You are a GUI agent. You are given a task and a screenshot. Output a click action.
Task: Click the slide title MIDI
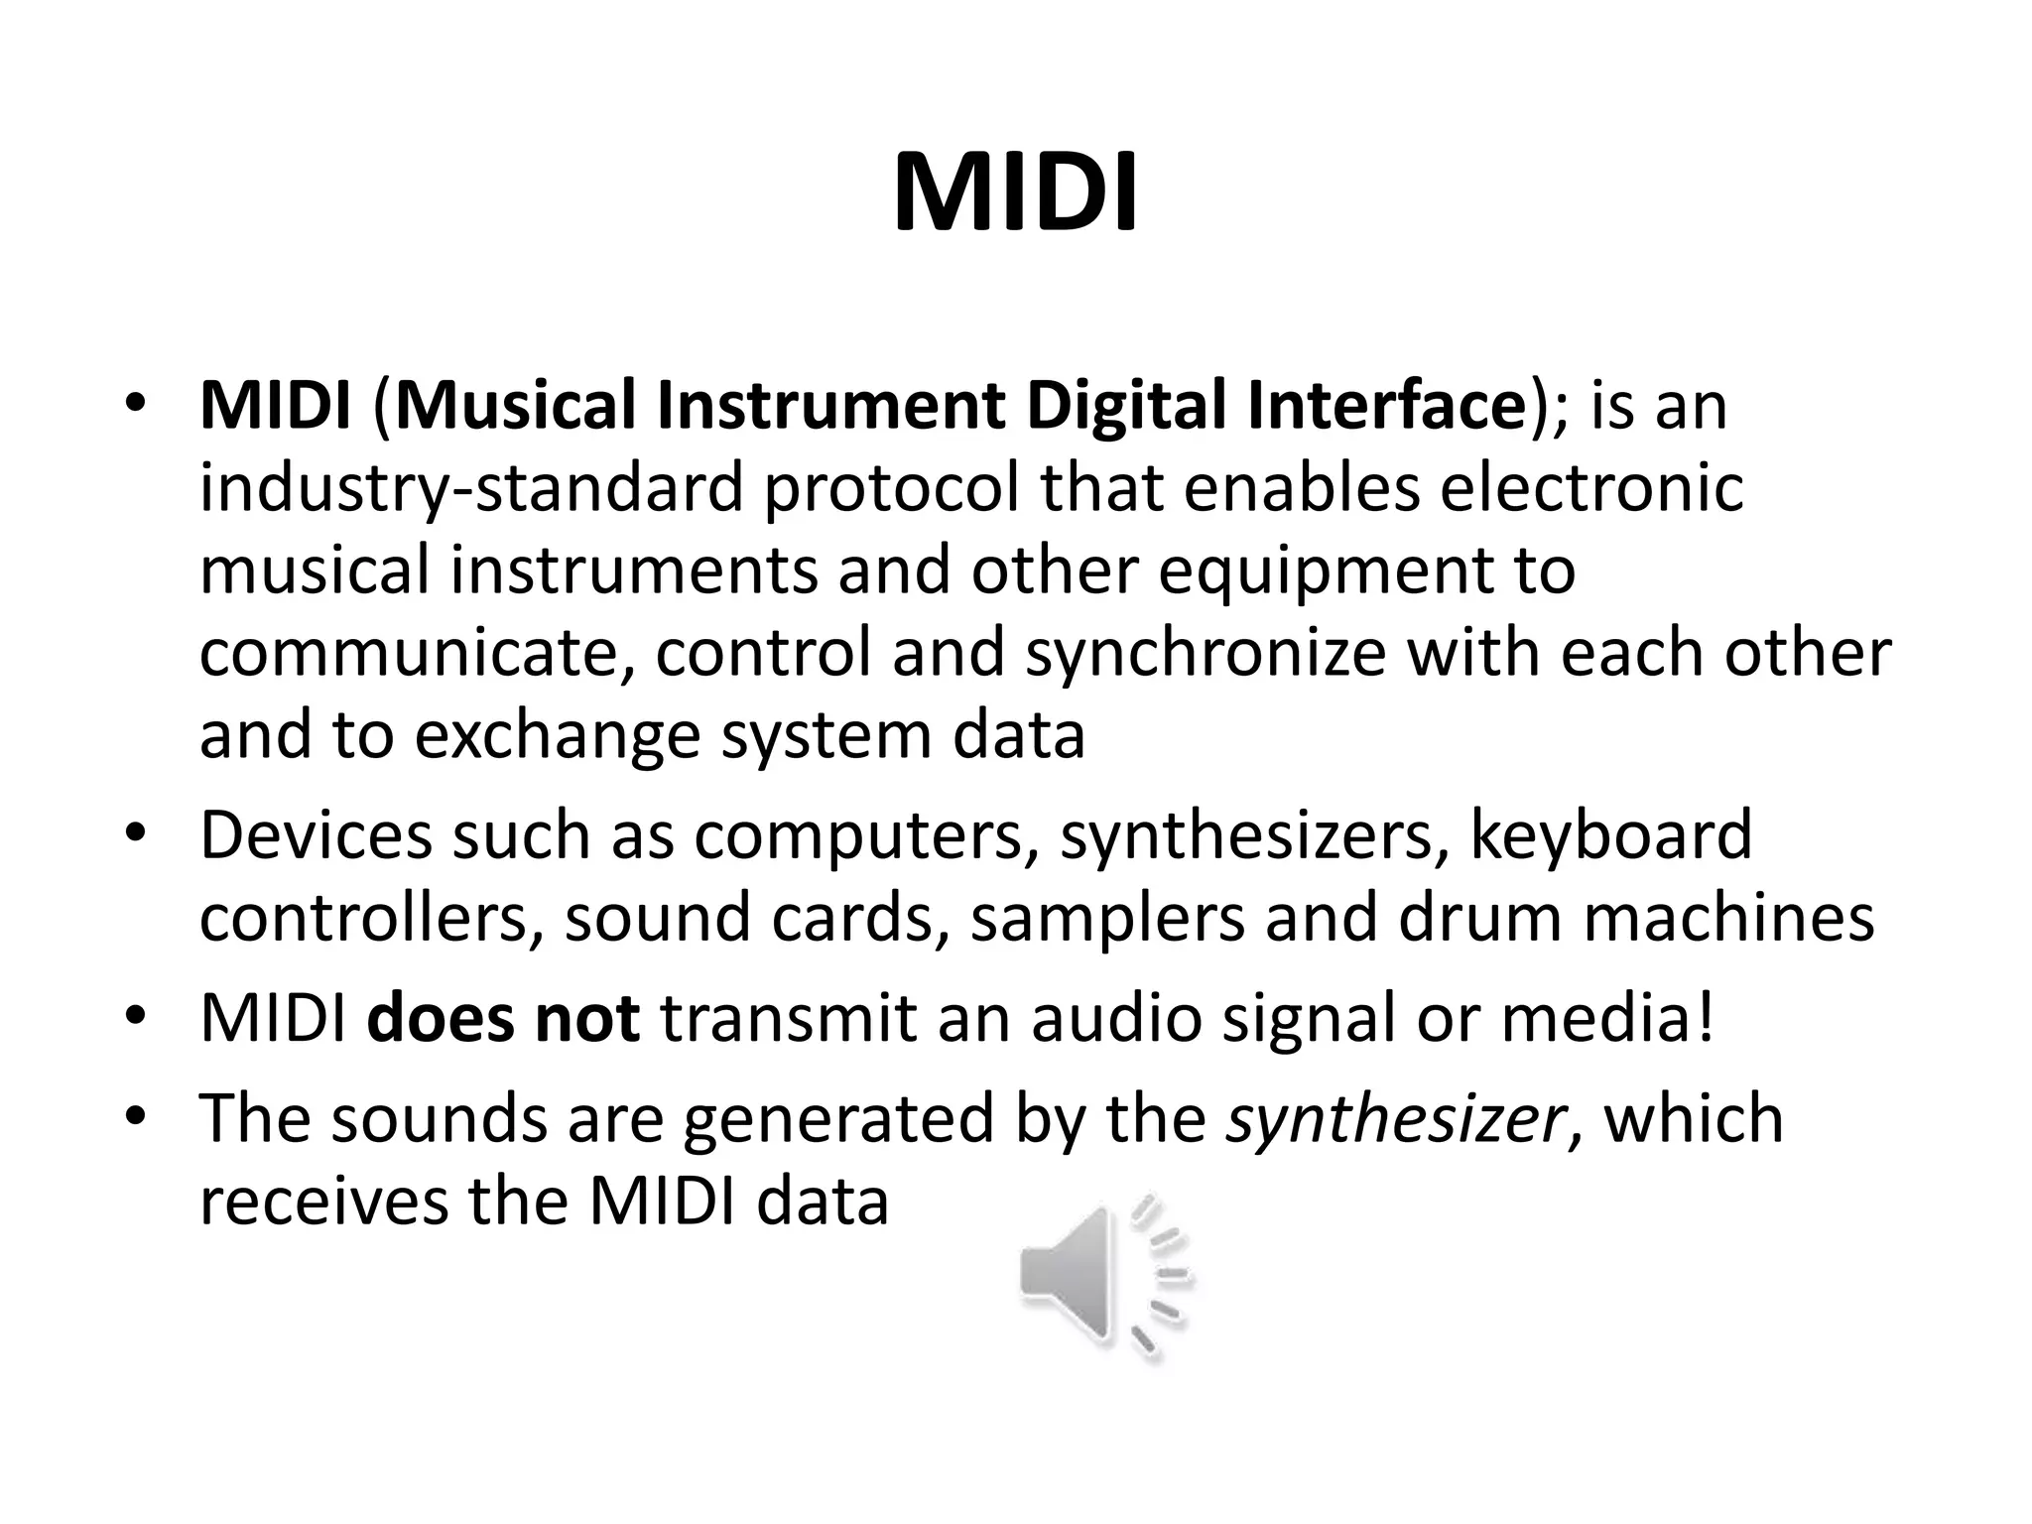tap(1015, 193)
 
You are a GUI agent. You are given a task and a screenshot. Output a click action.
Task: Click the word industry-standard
tap(471, 488)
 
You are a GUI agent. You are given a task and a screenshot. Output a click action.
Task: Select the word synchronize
tap(1205, 653)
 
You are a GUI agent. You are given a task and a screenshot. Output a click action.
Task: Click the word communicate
tap(417, 653)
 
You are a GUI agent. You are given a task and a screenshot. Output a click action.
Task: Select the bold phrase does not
tap(503, 1019)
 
